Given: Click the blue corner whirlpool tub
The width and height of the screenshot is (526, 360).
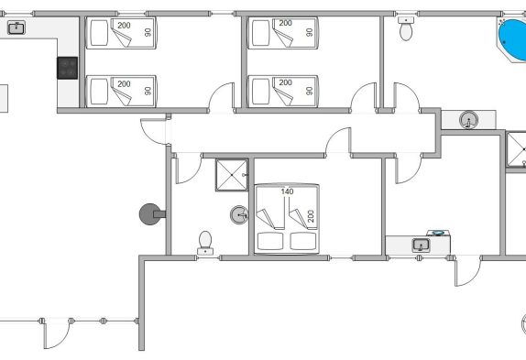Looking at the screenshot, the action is point(512,40).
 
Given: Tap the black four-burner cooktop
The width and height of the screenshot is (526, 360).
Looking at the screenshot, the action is point(68,68).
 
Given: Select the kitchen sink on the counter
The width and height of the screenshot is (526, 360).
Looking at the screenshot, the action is point(16,27).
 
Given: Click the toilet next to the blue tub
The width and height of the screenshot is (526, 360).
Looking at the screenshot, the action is point(406,28).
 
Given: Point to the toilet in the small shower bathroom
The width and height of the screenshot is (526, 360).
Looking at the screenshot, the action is point(205,243).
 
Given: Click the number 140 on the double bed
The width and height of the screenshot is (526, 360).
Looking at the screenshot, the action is point(287,191).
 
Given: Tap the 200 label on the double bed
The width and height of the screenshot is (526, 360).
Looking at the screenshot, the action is point(311,216).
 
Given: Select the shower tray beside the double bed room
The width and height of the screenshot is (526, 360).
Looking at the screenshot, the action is point(232,175).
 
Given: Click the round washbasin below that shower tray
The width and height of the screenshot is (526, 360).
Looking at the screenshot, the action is point(239,215).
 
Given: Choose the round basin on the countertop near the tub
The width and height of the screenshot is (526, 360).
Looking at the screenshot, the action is point(468,120).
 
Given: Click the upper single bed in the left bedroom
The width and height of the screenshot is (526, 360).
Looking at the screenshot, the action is point(121,33).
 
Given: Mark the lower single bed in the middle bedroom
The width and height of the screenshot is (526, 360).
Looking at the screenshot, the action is point(283,92).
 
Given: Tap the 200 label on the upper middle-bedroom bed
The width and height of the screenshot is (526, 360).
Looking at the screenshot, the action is point(286,23).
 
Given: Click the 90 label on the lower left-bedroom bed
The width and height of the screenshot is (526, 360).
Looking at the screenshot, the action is point(148,91).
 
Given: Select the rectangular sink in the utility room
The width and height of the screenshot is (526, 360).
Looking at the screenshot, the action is point(421,245).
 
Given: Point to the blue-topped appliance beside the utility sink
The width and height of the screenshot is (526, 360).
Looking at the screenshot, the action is point(438,234).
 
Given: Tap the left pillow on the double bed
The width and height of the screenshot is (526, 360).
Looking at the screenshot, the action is point(270,241).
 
